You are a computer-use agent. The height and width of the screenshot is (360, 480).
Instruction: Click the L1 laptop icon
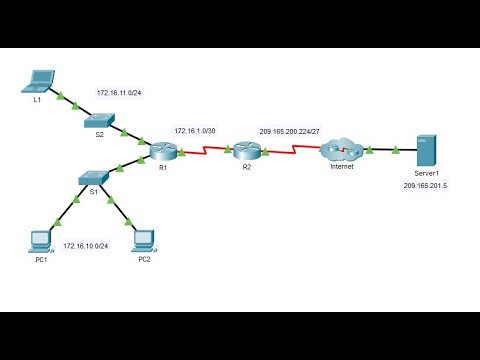42,80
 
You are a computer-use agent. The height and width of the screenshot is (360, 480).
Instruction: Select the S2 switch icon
100,120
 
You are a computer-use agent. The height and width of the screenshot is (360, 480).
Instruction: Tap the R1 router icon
163,151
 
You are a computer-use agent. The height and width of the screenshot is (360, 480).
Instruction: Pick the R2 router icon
247,151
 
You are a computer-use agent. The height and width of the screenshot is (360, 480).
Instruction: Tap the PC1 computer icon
40,239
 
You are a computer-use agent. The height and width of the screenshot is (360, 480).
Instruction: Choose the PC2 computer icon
144,239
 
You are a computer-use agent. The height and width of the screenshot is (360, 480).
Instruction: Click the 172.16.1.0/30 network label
195,130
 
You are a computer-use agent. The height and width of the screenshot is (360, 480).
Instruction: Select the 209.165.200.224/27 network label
292,130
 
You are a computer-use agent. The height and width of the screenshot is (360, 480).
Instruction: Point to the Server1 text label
427,174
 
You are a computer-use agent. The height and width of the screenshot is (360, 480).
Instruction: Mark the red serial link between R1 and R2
205,152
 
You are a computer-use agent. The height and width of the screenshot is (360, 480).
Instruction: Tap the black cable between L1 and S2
70,100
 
